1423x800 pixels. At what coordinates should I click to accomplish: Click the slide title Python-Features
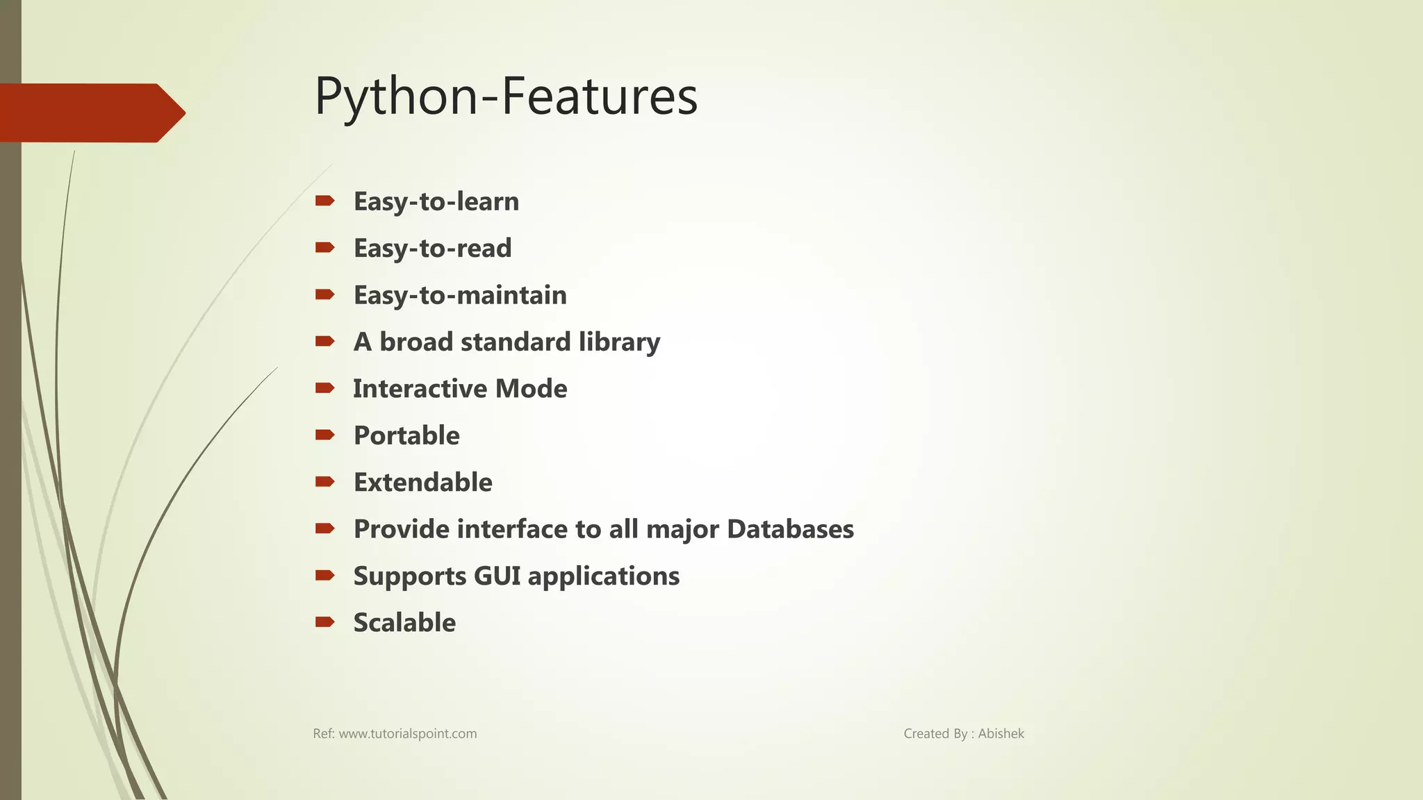[506, 97]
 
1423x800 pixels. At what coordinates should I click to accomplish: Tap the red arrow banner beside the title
[90, 112]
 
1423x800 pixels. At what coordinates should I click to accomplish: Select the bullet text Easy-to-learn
[436, 201]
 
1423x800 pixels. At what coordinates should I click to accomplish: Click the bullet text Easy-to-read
[432, 248]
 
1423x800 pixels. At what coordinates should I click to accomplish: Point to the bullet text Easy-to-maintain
[460, 295]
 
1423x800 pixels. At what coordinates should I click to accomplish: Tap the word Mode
[531, 389]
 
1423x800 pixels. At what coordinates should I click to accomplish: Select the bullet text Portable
[406, 435]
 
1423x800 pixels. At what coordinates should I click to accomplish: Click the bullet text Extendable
[422, 483]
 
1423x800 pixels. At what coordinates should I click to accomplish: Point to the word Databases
[790, 529]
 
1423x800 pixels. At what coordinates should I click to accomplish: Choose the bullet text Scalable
[404, 623]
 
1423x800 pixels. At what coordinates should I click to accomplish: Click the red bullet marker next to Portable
[324, 435]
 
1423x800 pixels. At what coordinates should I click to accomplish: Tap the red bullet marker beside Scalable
[324, 622]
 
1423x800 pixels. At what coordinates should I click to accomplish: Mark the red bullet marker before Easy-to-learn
[324, 201]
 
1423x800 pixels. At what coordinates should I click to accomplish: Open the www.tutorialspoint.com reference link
[407, 734]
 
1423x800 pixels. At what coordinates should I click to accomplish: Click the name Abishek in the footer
[1001, 734]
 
